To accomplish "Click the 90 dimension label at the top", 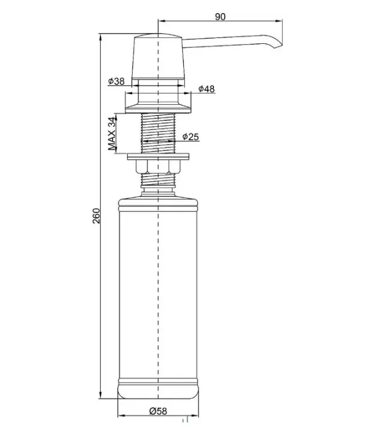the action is (x=220, y=17).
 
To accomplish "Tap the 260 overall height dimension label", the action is (x=96, y=216).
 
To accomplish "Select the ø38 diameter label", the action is (x=116, y=81).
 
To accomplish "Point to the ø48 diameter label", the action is (x=207, y=89).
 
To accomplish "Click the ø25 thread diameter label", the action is (x=191, y=137).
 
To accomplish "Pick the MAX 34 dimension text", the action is (x=112, y=134).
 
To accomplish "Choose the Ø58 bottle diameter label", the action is (x=158, y=411).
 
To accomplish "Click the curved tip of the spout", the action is (x=278, y=44).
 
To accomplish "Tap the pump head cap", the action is (x=158, y=56).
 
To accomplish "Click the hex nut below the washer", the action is (x=158, y=166).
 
